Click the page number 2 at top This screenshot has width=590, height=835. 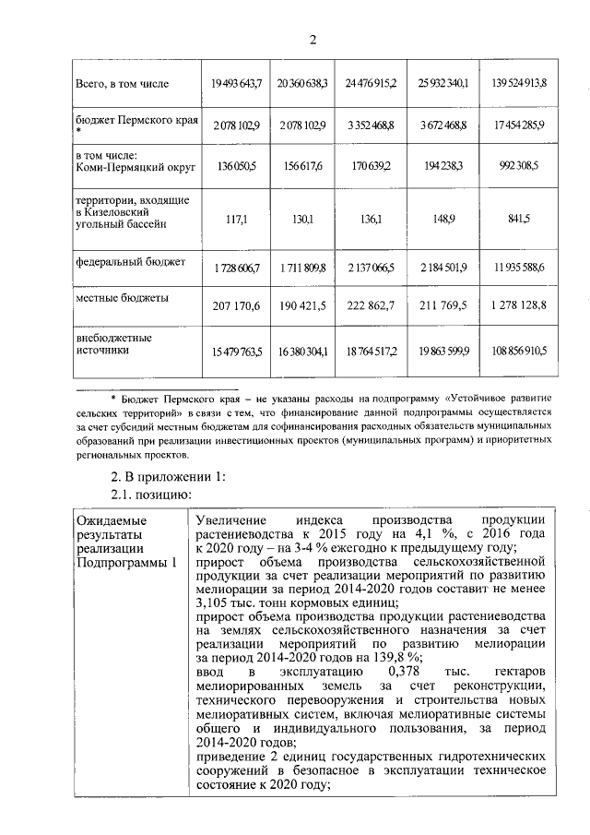(x=313, y=39)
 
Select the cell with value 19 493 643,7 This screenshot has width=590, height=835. (x=232, y=83)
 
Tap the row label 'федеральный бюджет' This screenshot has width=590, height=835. (x=130, y=262)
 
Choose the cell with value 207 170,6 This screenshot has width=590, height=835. (x=232, y=305)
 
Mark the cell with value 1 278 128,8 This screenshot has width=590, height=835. (x=519, y=305)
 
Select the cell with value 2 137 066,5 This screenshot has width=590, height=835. (x=369, y=267)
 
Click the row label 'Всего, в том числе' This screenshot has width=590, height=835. (x=122, y=83)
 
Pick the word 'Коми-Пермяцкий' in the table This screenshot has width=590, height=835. (x=117, y=166)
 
